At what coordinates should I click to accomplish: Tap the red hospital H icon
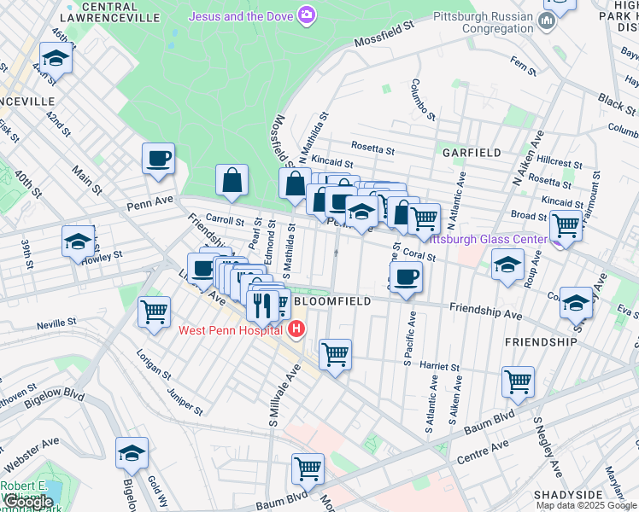pos(297,329)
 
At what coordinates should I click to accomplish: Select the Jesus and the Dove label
pos(241,15)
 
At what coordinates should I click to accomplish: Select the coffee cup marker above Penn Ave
pos(159,159)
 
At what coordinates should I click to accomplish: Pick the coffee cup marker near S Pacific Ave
pos(406,277)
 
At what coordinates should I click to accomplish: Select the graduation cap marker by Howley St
pos(79,241)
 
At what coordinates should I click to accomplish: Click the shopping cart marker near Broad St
pos(566,224)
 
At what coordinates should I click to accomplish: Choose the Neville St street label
pos(57,323)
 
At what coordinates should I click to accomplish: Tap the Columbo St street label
pos(423,99)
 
